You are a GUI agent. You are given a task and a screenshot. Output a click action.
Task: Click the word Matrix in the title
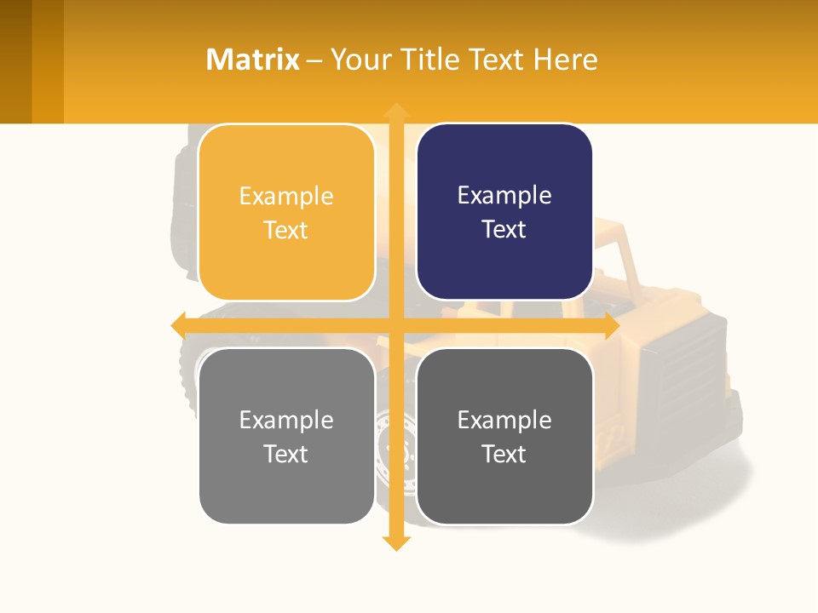tap(253, 60)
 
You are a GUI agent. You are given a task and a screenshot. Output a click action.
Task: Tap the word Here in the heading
tap(565, 60)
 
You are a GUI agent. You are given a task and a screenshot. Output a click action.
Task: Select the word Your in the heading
tap(360, 60)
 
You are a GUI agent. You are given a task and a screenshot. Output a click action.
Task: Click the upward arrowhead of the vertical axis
tap(395, 111)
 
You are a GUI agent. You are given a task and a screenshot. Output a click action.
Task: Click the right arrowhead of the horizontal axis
tap(611, 326)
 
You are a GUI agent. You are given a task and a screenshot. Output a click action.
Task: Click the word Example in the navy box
tap(504, 195)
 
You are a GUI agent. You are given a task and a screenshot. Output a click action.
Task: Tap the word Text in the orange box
tap(286, 230)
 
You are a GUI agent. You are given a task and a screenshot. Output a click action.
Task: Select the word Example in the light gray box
tap(286, 420)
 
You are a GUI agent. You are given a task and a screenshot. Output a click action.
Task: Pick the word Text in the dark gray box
tap(504, 454)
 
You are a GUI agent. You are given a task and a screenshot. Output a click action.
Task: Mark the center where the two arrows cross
tap(395, 326)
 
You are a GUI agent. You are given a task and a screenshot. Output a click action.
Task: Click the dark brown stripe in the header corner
tap(15, 61)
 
